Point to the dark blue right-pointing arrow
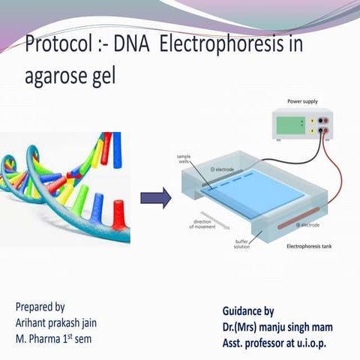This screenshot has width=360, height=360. (156, 198)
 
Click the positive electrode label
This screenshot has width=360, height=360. (308, 225)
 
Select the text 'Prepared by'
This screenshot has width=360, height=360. (40, 307)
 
